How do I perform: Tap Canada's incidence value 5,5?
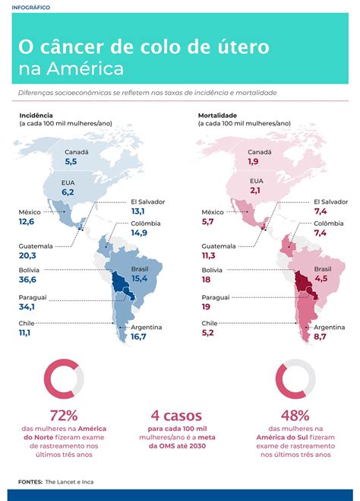click(71, 162)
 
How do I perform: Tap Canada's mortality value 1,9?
click(253, 162)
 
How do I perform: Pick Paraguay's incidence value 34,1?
click(28, 307)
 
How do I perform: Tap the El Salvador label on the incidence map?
click(147, 201)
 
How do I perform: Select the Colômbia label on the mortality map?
click(328, 223)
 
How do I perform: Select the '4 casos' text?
click(176, 416)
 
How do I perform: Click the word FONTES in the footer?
click(30, 482)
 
